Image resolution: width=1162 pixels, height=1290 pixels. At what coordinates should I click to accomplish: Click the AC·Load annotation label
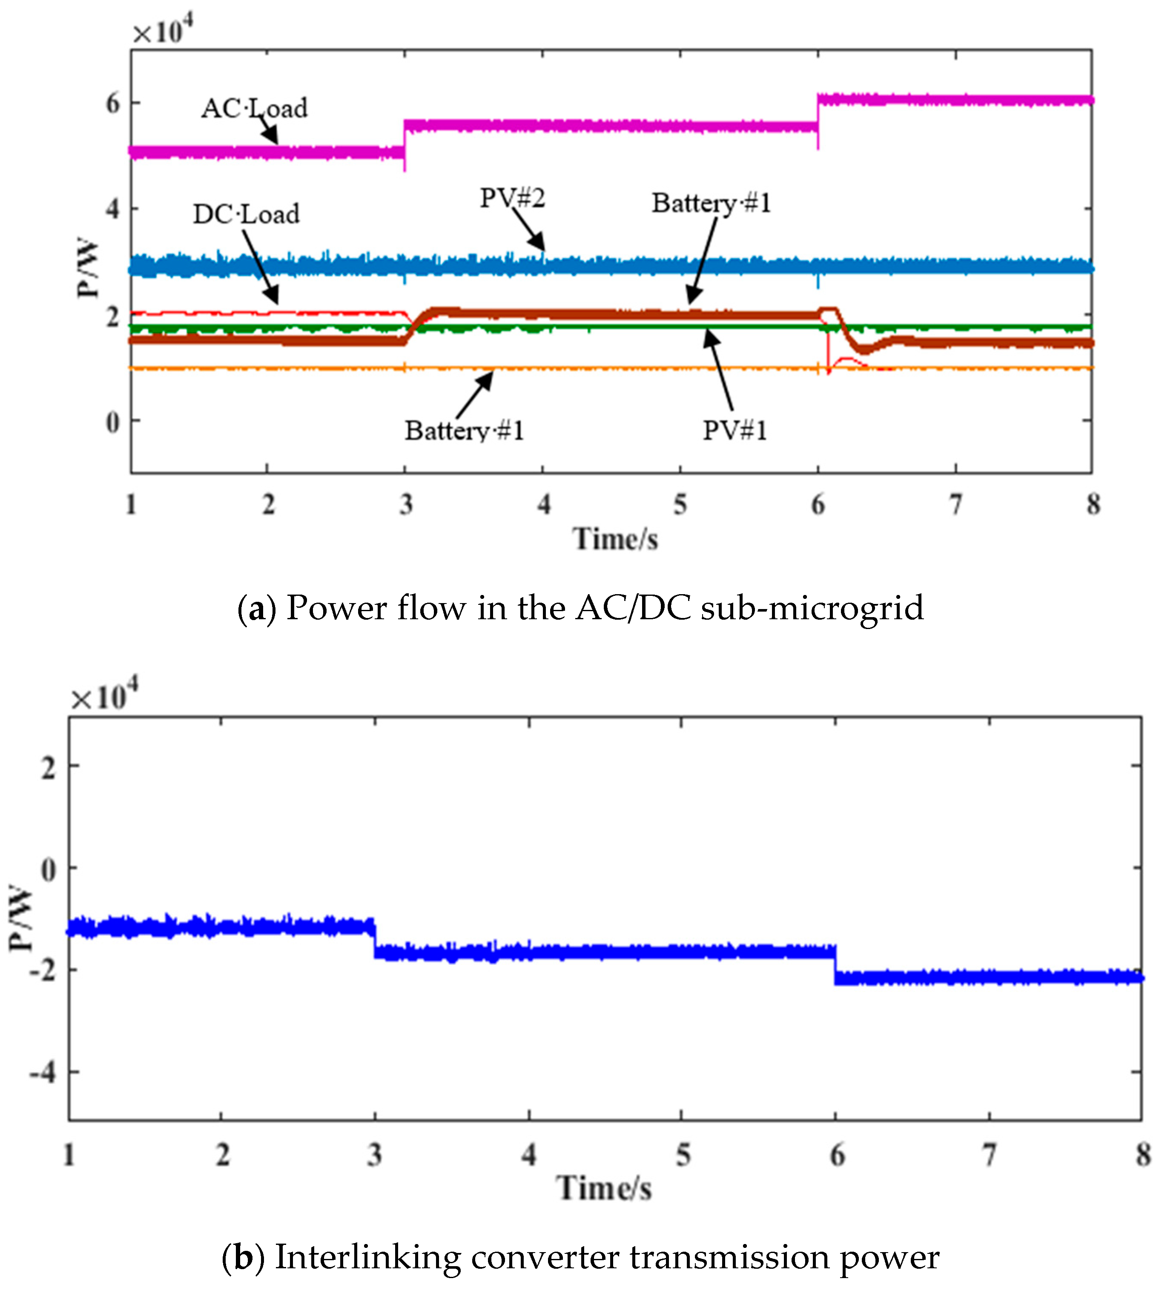coord(254,108)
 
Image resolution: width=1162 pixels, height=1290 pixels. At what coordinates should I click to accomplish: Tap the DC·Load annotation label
coord(246,214)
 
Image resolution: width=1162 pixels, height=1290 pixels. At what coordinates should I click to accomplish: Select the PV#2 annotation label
coord(513,198)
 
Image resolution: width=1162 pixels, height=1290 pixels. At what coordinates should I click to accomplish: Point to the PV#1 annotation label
coord(734,430)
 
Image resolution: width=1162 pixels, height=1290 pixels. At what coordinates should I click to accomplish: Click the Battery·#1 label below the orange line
coord(464,430)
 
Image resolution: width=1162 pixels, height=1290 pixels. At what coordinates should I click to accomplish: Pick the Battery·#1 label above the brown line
coord(711,203)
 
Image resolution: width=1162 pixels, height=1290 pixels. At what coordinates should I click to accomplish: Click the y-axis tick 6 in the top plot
coord(113,103)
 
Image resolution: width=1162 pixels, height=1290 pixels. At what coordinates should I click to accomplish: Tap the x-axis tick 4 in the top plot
coord(543,504)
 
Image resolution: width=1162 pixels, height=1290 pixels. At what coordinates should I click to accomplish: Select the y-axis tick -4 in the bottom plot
coord(42,1073)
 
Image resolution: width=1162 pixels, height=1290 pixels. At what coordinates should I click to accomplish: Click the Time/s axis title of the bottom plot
coord(603,1189)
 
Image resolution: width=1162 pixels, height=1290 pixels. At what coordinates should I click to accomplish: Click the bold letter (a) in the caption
coord(257,608)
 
